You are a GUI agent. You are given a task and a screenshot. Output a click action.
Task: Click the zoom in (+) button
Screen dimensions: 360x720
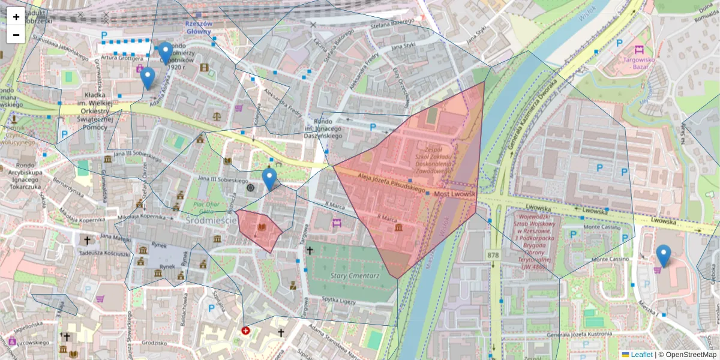16,17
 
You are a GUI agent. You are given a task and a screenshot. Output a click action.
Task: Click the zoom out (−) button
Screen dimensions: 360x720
16,35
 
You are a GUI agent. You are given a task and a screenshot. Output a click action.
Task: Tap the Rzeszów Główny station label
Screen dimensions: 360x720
198,27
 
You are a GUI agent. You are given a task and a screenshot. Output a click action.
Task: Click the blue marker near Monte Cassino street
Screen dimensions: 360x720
663,256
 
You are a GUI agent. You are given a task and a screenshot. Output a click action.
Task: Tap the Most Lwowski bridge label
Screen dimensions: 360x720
454,194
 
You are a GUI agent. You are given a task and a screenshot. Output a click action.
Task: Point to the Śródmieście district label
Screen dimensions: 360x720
210,220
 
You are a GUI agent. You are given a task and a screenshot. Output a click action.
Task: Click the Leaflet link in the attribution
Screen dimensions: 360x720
641,355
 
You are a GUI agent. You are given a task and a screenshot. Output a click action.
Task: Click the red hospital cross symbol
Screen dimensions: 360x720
245,331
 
